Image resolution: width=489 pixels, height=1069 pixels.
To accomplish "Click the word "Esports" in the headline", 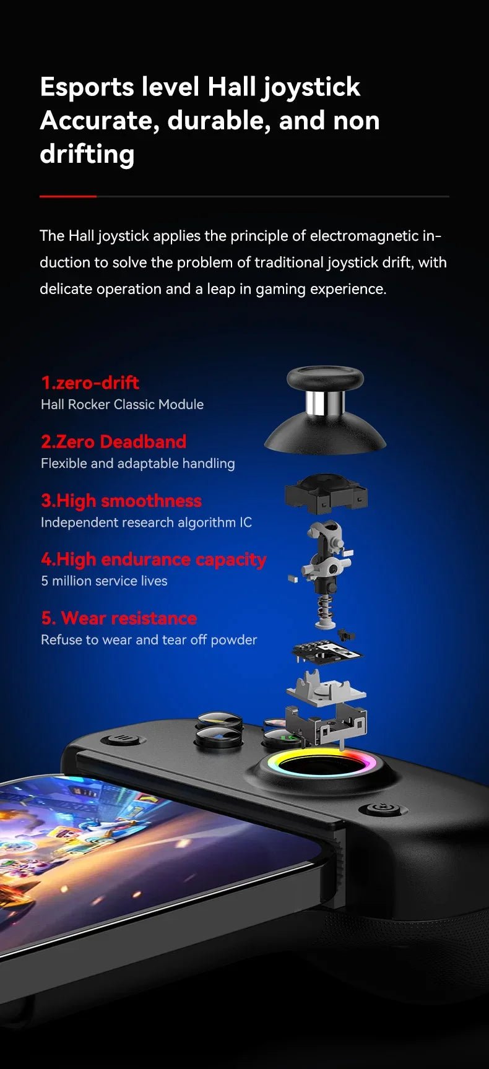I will click(87, 87).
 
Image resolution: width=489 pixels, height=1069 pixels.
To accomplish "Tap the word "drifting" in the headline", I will click(87, 154).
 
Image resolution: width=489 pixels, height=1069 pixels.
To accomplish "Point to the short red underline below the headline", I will click(68, 196).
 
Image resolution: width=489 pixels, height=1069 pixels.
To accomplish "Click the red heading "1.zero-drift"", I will click(90, 383).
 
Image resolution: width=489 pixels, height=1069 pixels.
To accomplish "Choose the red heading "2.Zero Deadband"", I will click(113, 441).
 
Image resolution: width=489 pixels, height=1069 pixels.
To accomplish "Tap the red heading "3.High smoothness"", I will click(121, 500).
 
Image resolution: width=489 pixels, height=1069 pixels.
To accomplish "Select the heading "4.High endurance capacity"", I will click(154, 559).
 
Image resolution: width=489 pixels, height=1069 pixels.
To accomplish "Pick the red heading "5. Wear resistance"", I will click(119, 618).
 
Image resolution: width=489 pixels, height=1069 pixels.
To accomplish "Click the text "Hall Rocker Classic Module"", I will click(122, 404).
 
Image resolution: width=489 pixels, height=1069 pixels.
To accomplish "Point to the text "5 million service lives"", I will click(104, 581).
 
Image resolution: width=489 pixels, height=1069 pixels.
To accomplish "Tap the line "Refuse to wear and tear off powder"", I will click(149, 639).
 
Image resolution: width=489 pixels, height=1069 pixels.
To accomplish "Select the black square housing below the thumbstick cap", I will click(326, 493).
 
